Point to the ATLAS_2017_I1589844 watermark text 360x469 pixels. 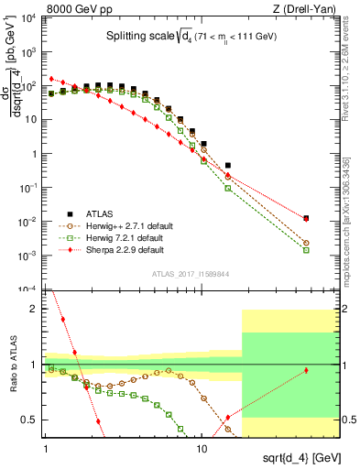click(192, 274)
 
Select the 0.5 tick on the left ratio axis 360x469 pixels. click(33, 420)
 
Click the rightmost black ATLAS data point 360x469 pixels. click(306, 218)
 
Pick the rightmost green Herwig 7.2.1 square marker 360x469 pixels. click(306, 249)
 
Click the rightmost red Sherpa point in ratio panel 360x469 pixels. click(306, 370)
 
